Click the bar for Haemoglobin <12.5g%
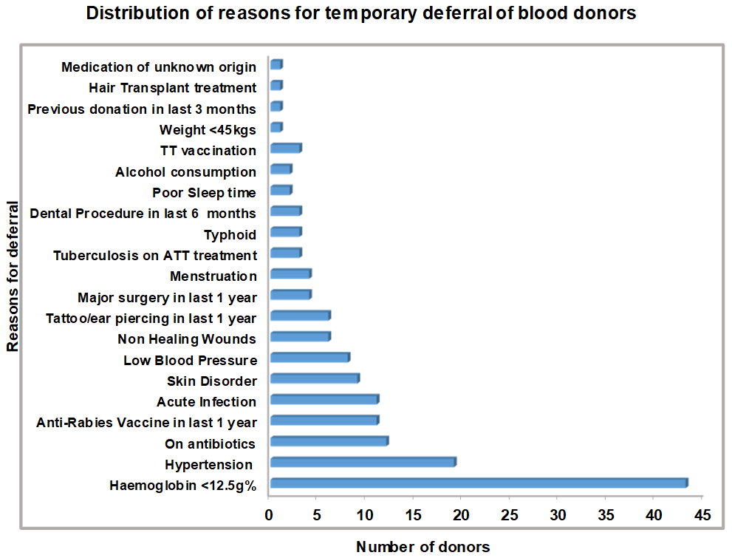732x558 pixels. coord(479,483)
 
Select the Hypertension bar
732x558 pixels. coord(363,462)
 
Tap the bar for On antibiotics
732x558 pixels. coord(329,441)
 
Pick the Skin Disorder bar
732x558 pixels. coord(315,378)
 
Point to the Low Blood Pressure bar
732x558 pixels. coord(309,358)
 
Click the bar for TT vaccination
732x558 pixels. coord(286,148)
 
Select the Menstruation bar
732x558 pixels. coord(290,273)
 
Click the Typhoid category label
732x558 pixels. coord(230,235)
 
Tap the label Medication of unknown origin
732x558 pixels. coord(159,67)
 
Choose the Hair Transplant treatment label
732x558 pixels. coord(172,88)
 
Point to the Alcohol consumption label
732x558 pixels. coord(185,172)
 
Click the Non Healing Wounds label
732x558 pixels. coord(187,339)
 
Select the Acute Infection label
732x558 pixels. coord(206,402)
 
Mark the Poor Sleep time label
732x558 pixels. coord(204,193)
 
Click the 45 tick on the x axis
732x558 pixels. coord(702,514)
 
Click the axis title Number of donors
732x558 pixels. coord(423,547)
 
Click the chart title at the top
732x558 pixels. coord(361,14)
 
